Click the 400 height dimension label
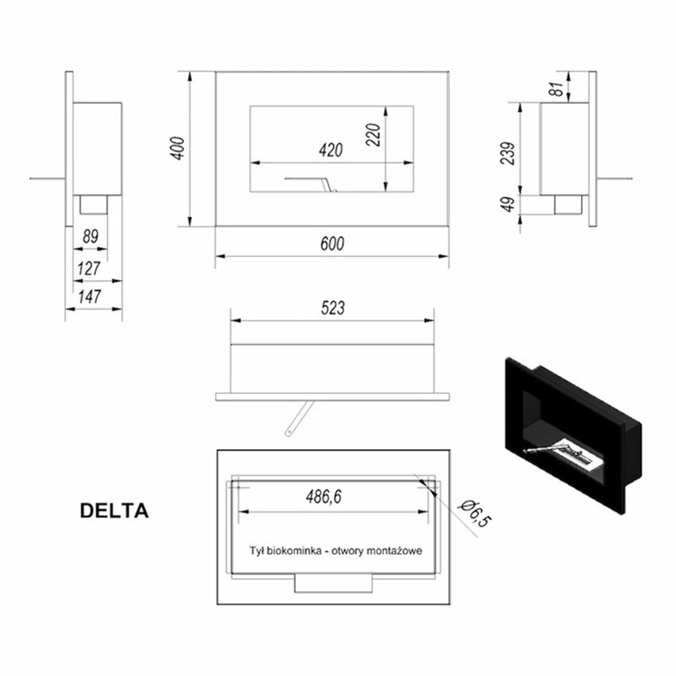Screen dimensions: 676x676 click(178, 149)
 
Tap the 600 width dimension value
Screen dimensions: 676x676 click(332, 244)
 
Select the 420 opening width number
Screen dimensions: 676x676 click(331, 150)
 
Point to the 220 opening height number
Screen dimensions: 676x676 click(373, 135)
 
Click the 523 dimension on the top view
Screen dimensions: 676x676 click(333, 308)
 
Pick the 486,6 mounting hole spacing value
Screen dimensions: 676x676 click(323, 497)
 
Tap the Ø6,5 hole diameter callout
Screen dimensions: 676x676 click(475, 514)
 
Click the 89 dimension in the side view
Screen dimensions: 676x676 click(91, 236)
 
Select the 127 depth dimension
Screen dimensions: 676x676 click(89, 268)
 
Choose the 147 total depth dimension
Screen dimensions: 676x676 click(90, 297)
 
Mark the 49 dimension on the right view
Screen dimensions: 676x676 click(509, 204)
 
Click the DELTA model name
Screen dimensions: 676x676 click(114, 511)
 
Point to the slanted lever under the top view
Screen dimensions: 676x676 click(299, 418)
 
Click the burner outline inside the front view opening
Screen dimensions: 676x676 click(310, 183)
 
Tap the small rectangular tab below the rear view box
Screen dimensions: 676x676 click(333, 583)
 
